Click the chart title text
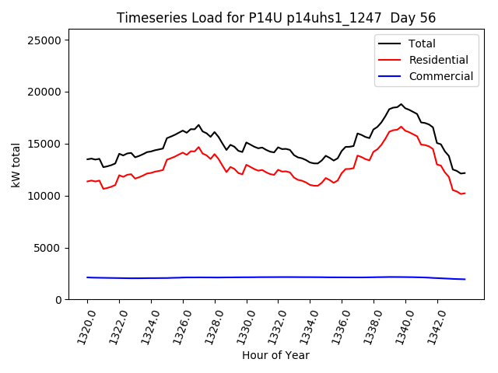[276, 18]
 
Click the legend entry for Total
[422, 44]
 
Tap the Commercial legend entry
[440, 76]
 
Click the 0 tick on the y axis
[61, 300]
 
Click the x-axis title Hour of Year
[275, 356]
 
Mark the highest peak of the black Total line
[402, 104]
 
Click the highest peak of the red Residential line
[402, 127]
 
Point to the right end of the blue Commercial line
[465, 279]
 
